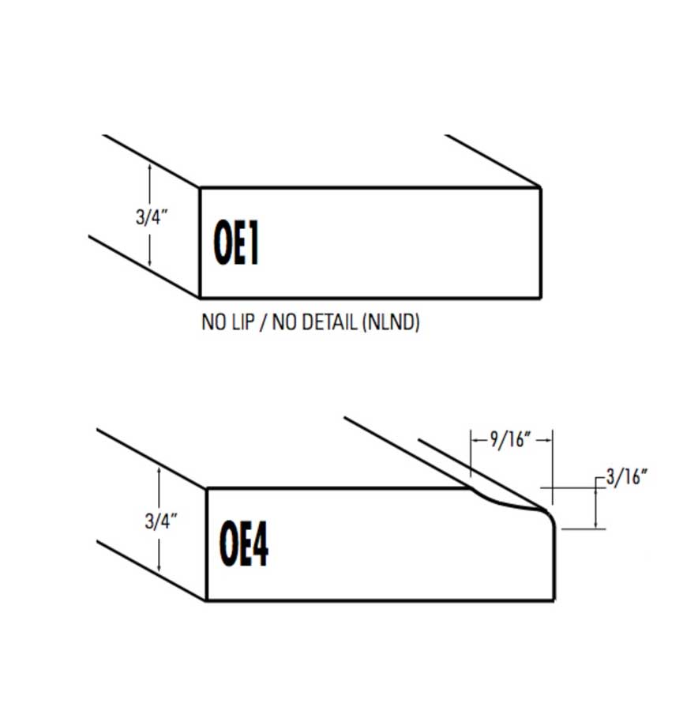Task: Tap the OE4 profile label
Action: tap(244, 543)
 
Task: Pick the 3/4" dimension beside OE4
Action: tap(161, 520)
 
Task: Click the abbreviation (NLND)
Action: tap(390, 323)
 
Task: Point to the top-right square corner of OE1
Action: tap(540, 188)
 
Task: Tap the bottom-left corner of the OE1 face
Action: tap(200, 298)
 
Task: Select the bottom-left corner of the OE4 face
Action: tap(207, 600)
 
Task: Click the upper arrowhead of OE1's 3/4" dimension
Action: tap(149, 167)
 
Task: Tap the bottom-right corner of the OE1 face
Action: tap(540, 298)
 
